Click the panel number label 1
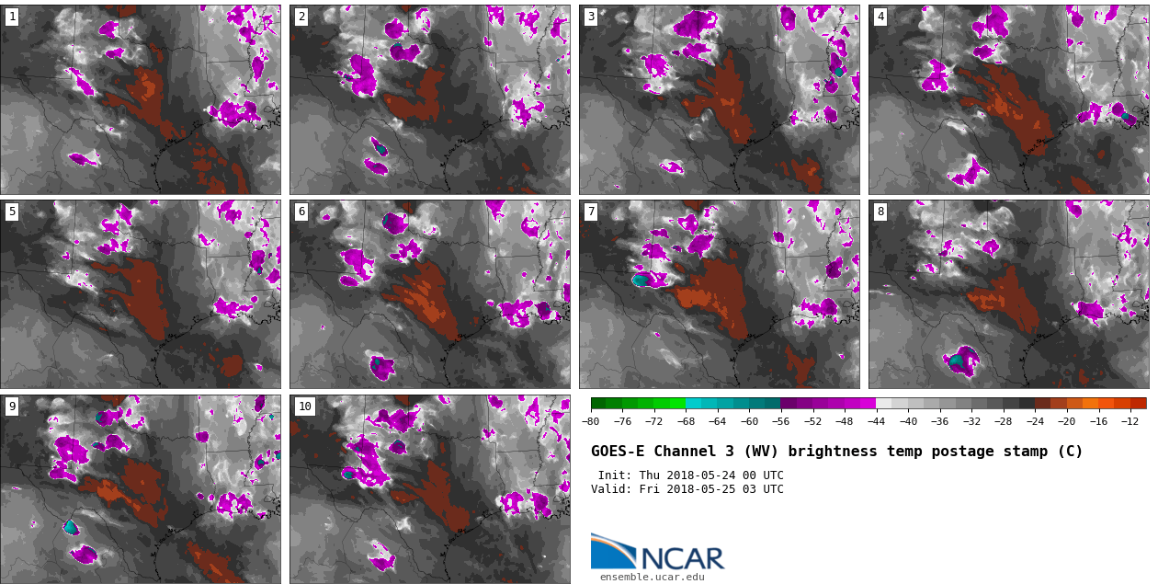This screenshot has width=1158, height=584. click(x=12, y=17)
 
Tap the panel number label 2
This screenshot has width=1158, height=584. click(x=301, y=17)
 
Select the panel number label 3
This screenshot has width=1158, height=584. click(x=591, y=17)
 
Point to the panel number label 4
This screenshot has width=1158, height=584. click(x=880, y=17)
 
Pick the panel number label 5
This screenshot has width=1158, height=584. click(x=12, y=212)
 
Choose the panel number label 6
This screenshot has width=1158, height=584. click(x=301, y=212)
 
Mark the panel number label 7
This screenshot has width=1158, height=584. click(x=591, y=212)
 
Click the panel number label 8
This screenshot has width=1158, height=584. click(x=880, y=212)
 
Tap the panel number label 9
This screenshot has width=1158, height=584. click(x=12, y=407)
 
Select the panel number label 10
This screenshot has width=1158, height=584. click(x=304, y=407)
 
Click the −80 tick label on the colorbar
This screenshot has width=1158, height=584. click(x=591, y=422)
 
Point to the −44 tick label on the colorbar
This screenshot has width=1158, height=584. click(x=876, y=422)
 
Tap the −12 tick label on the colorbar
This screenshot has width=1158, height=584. click(x=1130, y=422)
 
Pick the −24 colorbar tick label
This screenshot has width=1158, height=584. click(x=1034, y=422)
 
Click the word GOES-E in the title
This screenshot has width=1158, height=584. click(x=618, y=452)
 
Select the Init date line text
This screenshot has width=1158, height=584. click(x=690, y=475)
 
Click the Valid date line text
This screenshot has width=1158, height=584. click(x=687, y=489)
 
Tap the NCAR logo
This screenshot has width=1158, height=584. click(x=657, y=553)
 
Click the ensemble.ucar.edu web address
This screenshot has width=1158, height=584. click(x=652, y=577)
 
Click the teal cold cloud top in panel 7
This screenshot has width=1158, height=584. click(x=641, y=281)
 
